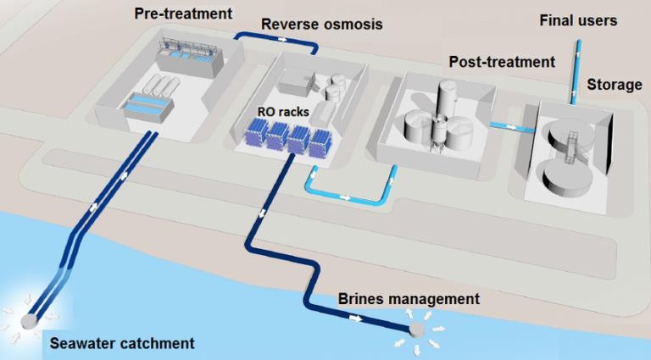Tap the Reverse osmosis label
point(321,25)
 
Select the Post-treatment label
point(502,62)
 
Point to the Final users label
point(578,19)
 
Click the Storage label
point(615,86)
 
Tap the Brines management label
point(409,299)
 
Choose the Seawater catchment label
point(121,343)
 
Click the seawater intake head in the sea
point(27,320)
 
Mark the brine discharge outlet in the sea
point(416,330)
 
